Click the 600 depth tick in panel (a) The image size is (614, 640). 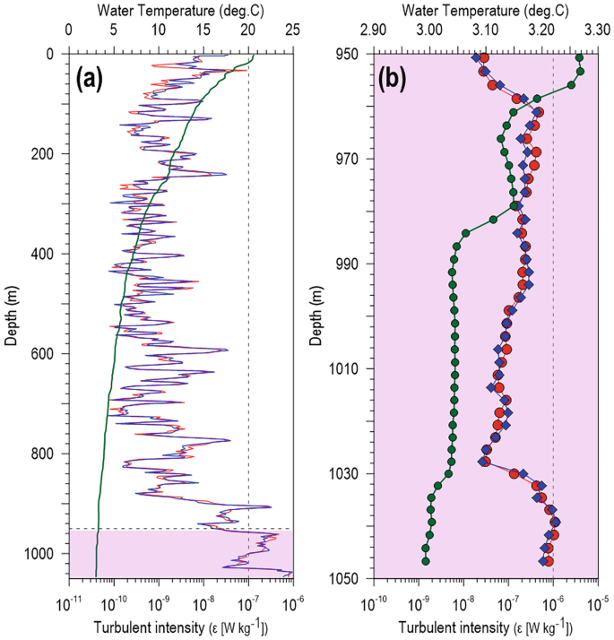point(45,353)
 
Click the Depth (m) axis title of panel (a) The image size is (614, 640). point(14,316)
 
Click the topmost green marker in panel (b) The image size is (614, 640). point(579,57)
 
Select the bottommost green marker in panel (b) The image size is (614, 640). point(426,561)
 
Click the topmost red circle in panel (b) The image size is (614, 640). point(484,57)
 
